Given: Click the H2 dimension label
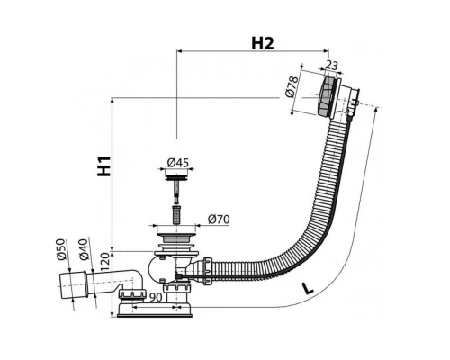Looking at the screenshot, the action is pyautogui.click(x=263, y=43).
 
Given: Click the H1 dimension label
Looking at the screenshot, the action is pyautogui.click(x=104, y=166).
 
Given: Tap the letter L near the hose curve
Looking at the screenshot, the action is pyautogui.click(x=307, y=289).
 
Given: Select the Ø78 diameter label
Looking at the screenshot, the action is pyautogui.click(x=292, y=87).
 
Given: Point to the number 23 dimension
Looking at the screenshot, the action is pyautogui.click(x=331, y=66).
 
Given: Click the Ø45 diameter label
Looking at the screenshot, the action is pyautogui.click(x=178, y=163).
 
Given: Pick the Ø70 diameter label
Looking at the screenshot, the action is pyautogui.click(x=219, y=220).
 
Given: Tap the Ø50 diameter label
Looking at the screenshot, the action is pyautogui.click(x=60, y=249).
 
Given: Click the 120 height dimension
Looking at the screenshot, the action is pyautogui.click(x=105, y=262).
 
